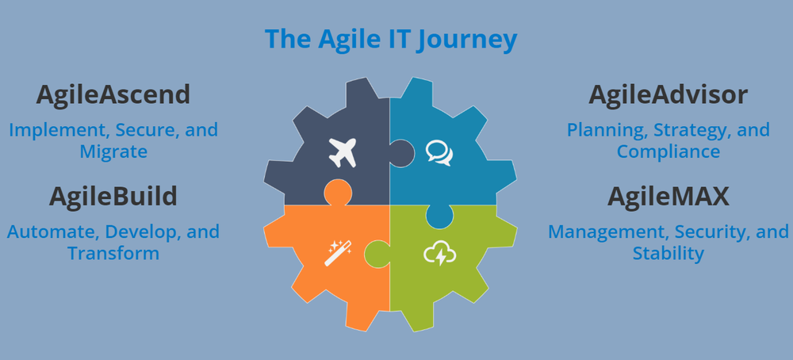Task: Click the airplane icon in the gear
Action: click(342, 152)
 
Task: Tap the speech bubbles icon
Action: click(439, 151)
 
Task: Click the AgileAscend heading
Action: click(113, 95)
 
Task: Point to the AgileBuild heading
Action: click(113, 197)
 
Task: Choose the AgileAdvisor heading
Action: click(668, 95)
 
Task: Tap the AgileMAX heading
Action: click(668, 197)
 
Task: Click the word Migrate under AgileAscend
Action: click(113, 151)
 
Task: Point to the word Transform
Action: click(113, 253)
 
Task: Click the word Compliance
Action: click(668, 151)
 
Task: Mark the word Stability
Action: click(668, 253)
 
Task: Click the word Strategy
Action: click(687, 129)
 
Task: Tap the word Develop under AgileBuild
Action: click(142, 232)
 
